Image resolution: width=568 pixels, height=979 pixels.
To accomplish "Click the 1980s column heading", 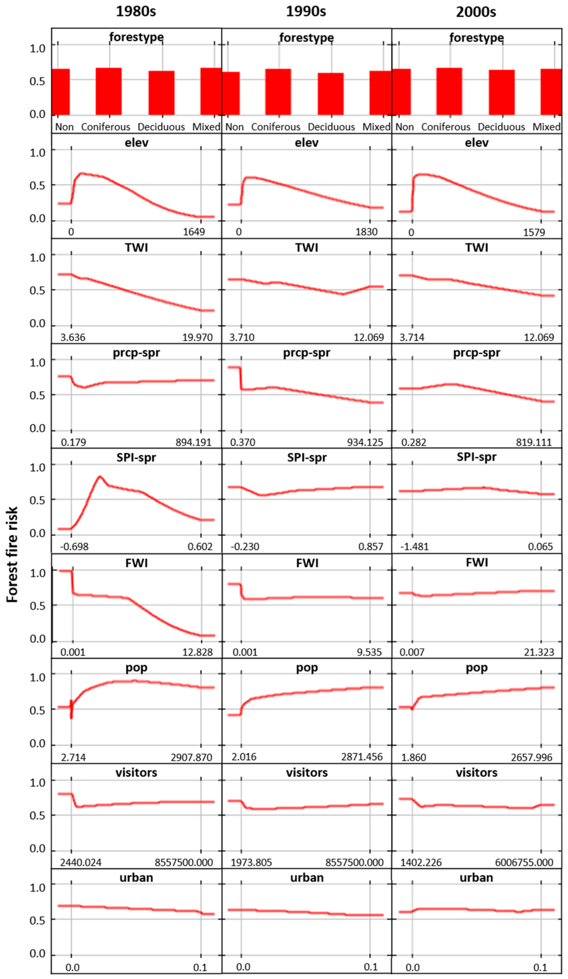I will (136, 12).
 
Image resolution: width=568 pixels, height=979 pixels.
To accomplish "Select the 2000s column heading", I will (476, 12).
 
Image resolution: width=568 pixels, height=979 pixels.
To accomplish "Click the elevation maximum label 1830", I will (366, 232).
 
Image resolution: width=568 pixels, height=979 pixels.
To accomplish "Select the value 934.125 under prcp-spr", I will (365, 442).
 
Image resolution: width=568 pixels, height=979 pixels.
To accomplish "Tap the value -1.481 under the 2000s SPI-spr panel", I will (415, 547).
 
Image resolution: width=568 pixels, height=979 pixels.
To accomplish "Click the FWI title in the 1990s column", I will (307, 563).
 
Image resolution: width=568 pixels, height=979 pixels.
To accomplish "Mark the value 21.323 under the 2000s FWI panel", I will (539, 652).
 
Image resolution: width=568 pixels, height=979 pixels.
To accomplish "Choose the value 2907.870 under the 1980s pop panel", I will (191, 758).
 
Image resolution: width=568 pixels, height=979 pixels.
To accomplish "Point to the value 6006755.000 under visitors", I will (524, 863).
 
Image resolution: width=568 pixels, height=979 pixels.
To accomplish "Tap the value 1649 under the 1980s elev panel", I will (194, 232).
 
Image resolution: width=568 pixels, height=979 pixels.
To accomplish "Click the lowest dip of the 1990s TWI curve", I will (343, 294).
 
